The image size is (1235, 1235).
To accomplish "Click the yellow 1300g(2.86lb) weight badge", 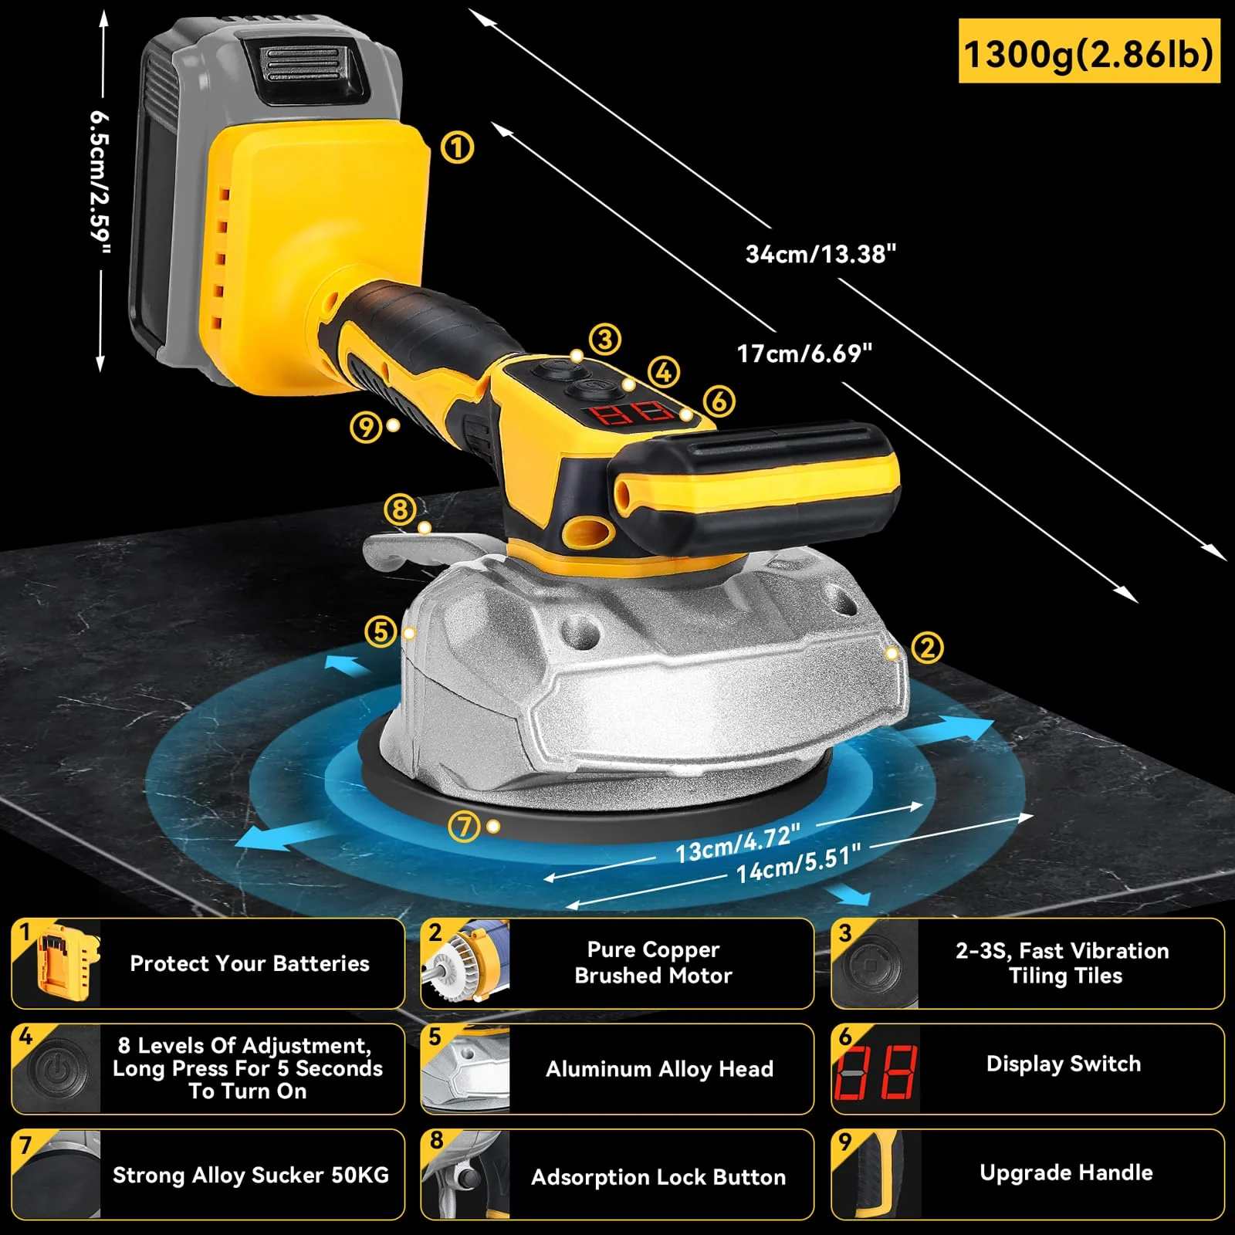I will click(x=1088, y=52).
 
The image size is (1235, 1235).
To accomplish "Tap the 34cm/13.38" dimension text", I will click(x=821, y=254).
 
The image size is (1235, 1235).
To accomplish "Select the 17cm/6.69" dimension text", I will click(x=804, y=354).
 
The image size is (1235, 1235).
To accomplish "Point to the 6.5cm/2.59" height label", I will click(x=100, y=182).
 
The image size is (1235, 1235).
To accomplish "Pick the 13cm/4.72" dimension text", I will click(x=737, y=843).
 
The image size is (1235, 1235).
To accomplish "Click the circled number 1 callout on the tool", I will click(x=457, y=147).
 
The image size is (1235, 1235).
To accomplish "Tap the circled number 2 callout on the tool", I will click(x=927, y=648).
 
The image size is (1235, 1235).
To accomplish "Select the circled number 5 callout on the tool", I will click(x=381, y=631).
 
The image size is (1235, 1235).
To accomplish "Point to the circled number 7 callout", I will click(x=465, y=827).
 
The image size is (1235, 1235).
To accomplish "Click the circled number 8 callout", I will click(x=400, y=509).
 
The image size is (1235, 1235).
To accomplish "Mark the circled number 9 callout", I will click(x=366, y=426).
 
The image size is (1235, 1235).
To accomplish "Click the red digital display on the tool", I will click(x=631, y=412).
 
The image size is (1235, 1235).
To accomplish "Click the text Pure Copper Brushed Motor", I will click(x=653, y=963).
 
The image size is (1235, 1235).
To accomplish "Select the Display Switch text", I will click(x=1063, y=1064).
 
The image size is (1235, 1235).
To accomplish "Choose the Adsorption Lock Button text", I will click(x=658, y=1177).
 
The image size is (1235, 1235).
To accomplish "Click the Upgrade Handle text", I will click(x=1066, y=1172).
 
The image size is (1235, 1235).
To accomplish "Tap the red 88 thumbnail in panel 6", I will click(x=876, y=1072).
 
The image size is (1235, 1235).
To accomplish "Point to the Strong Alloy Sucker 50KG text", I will click(x=251, y=1175).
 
